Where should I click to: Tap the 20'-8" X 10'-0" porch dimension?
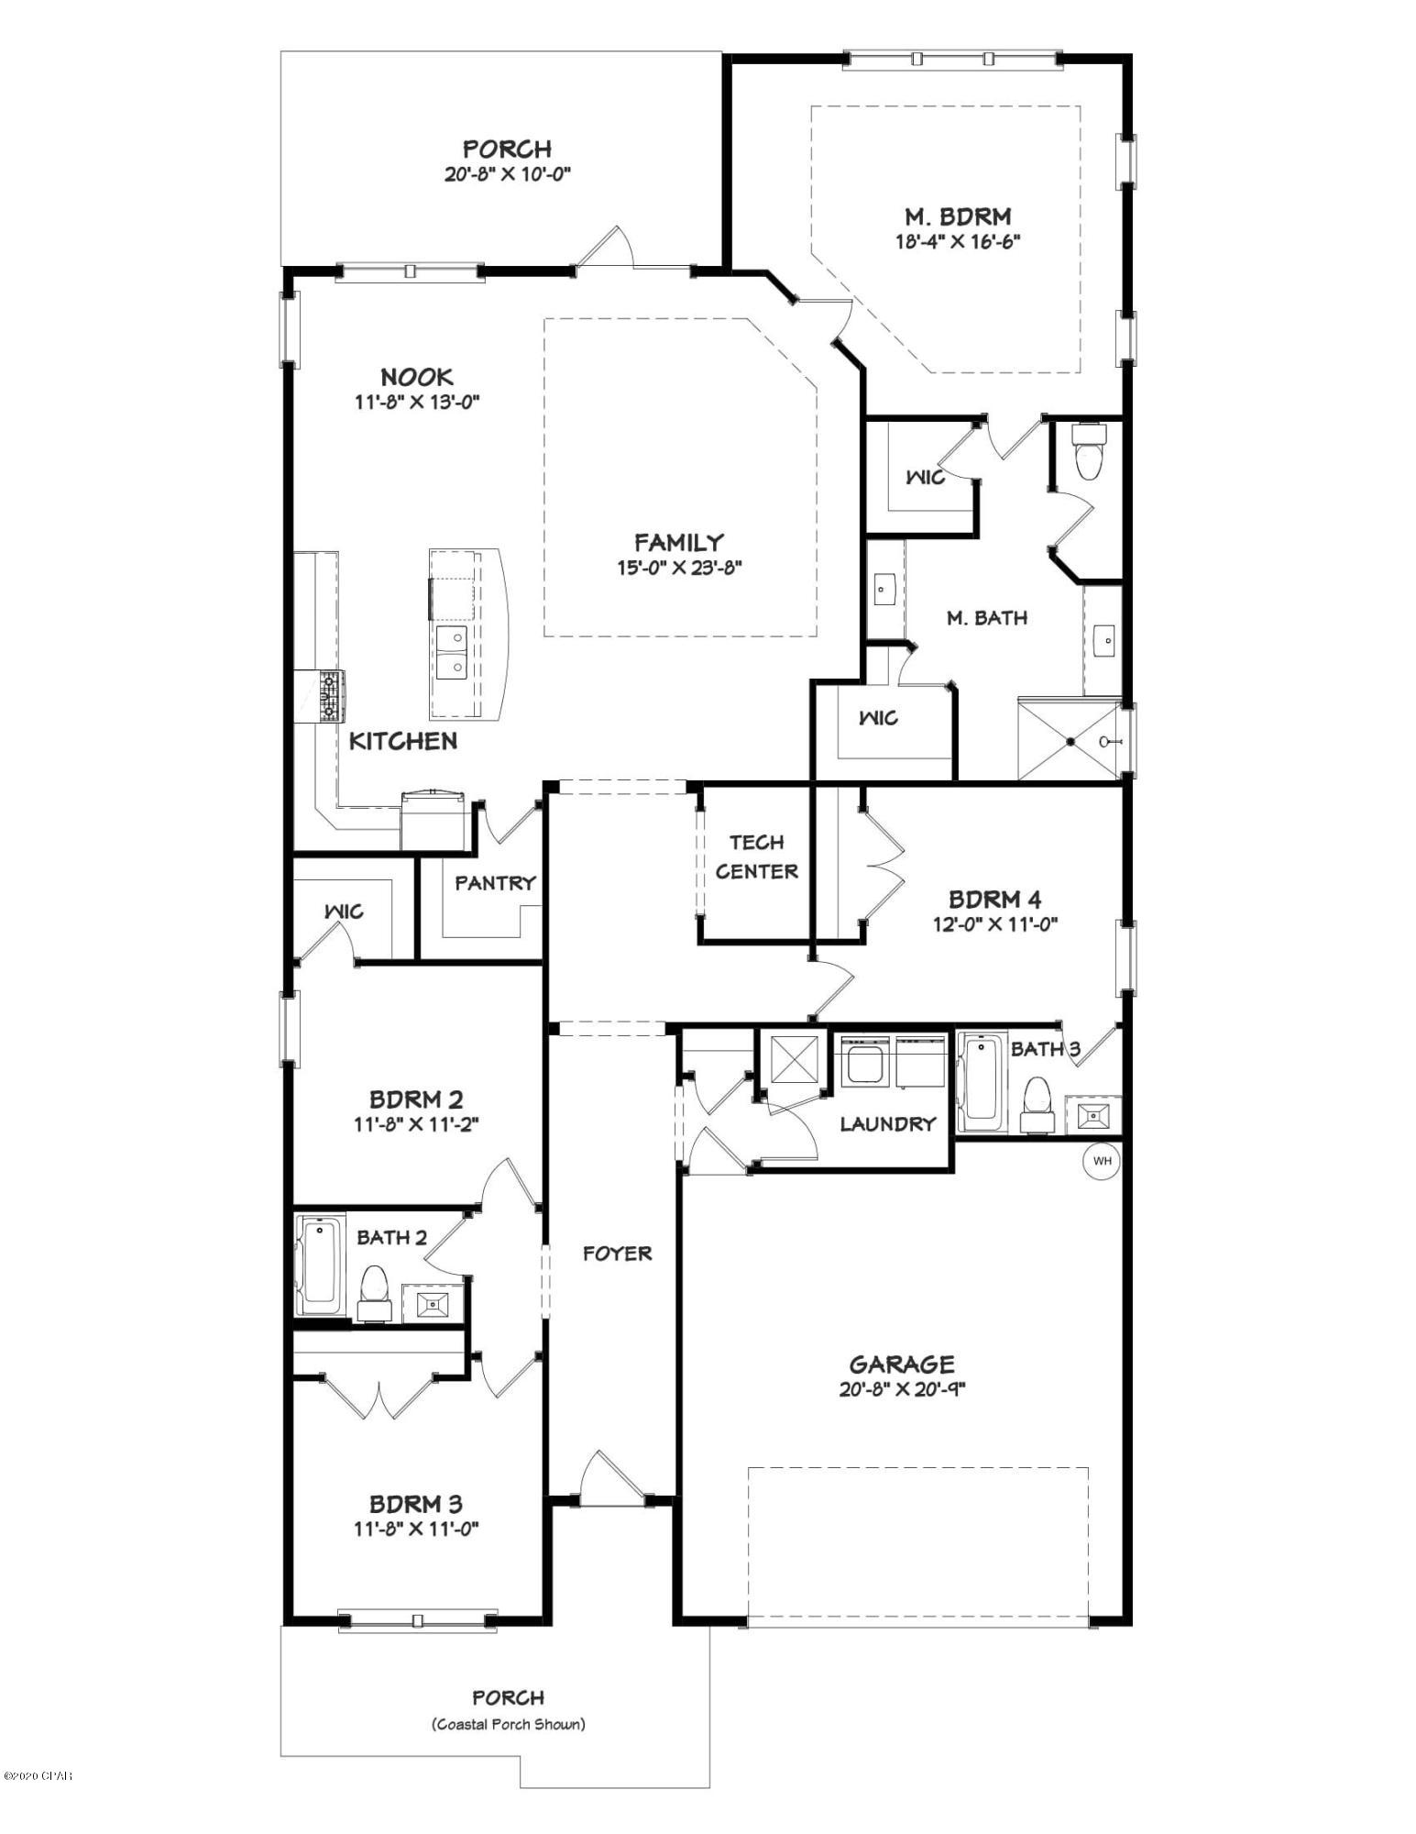pyautogui.click(x=508, y=174)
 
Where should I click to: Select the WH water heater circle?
pyautogui.click(x=1101, y=1161)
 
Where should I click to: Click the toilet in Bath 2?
pyautogui.click(x=374, y=1293)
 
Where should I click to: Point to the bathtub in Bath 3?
pyautogui.click(x=981, y=1081)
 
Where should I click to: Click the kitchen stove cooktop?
pyautogui.click(x=331, y=696)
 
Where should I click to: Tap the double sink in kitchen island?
pyautogui.click(x=451, y=652)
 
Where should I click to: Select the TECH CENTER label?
pyautogui.click(x=756, y=856)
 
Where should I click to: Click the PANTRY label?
pyautogui.click(x=495, y=883)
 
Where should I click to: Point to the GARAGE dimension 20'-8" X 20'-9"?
pyautogui.click(x=902, y=1389)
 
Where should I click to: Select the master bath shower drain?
pyautogui.click(x=1069, y=742)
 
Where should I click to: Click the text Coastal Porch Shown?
pyautogui.click(x=508, y=1724)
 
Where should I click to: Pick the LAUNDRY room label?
pyautogui.click(x=887, y=1124)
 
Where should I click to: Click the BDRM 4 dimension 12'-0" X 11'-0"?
pyautogui.click(x=994, y=924)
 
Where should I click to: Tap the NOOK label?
pyautogui.click(x=417, y=376)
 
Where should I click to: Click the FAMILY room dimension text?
pyautogui.click(x=678, y=567)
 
